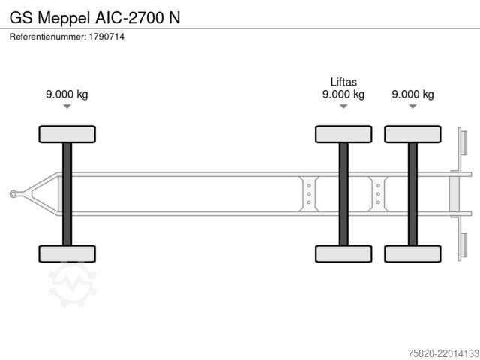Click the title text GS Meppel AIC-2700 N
click(94, 18)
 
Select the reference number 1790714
click(106, 37)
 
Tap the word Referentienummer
click(47, 37)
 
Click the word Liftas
click(343, 82)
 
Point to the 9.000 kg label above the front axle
click(67, 94)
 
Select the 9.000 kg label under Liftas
click(343, 94)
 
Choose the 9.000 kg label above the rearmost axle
click(412, 94)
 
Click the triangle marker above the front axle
click(67, 106)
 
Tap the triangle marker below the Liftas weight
click(343, 106)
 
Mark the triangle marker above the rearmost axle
click(412, 106)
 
